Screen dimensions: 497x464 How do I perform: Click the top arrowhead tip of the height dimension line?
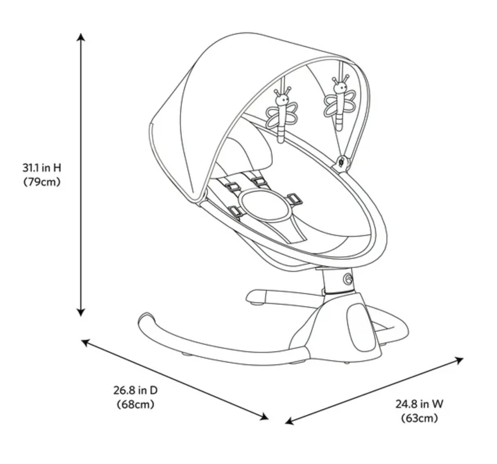tap(81, 34)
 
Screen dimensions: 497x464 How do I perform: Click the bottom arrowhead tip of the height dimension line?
tap(81, 317)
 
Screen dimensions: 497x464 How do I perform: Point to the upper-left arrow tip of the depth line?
tap(82, 340)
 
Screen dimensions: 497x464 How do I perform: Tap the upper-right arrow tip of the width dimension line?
tap(463, 358)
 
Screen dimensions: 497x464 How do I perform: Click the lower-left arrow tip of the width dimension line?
tap(285, 423)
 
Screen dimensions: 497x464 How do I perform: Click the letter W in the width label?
tap(437, 404)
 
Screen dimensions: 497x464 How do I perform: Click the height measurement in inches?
tap(42, 168)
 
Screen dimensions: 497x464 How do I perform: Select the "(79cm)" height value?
tap(42, 182)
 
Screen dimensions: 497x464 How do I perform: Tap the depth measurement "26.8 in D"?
tap(135, 390)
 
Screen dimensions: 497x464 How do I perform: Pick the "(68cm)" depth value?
tap(135, 404)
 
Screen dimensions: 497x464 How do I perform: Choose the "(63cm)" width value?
tap(420, 418)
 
